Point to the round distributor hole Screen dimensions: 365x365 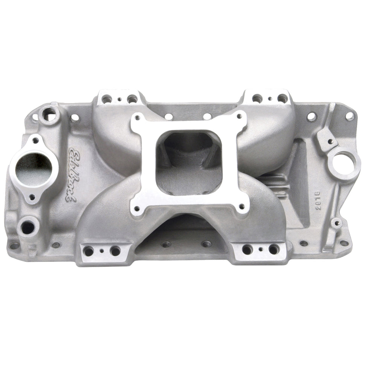(x=344, y=165)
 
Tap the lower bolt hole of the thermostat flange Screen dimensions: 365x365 (x=32, y=197)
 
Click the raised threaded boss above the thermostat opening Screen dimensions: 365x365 (x=49, y=113)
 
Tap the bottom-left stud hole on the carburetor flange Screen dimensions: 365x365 (x=137, y=208)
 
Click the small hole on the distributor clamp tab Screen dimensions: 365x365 (x=330, y=142)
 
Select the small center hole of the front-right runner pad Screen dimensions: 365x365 (x=260, y=249)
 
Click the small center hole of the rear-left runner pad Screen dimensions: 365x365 (x=119, y=99)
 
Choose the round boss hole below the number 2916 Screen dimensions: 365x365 (x=336, y=223)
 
